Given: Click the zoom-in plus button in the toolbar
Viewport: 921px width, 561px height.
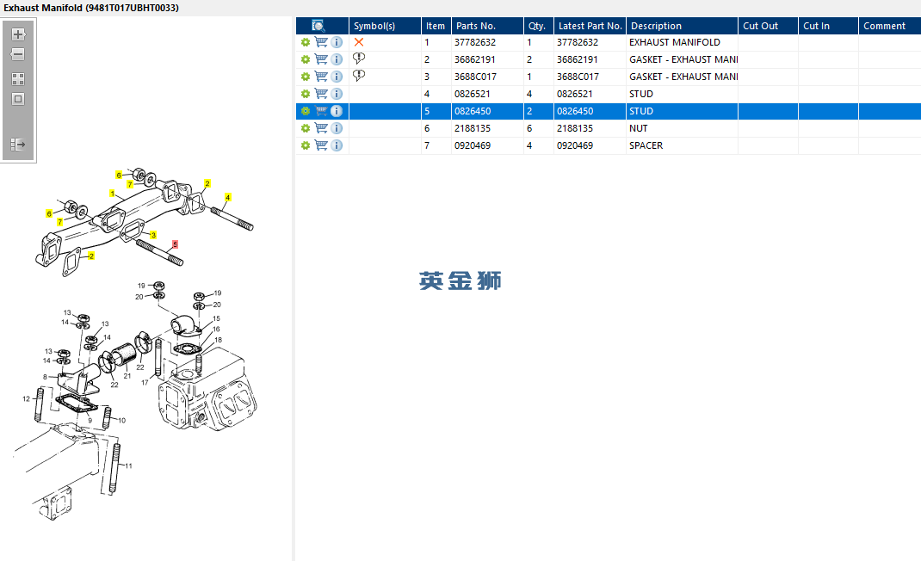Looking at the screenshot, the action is pos(18,34).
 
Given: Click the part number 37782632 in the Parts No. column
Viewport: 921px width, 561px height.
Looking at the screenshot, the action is pos(474,42).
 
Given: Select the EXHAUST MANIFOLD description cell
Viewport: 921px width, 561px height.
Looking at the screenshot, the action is pos(674,42).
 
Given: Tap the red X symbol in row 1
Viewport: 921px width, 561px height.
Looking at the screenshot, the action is pos(359,42).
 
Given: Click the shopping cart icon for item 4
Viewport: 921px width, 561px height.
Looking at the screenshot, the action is pos(321,94).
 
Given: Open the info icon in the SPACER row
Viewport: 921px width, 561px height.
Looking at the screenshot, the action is pos(337,145).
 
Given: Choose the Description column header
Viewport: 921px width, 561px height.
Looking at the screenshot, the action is pos(656,26).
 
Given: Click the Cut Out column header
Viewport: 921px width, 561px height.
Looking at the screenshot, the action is pos(760,26).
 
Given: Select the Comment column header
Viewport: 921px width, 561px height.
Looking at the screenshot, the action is pos(884,26).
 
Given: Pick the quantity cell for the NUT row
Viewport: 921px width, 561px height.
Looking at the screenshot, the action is pos(529,128).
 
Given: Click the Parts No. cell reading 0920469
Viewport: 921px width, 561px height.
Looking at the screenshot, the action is pos(473,145).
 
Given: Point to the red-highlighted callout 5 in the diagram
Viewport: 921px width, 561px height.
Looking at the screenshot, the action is pos(175,244).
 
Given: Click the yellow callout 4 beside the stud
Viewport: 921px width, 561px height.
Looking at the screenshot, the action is pos(227,197).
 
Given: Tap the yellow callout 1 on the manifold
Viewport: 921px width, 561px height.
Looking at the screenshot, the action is pos(112,194).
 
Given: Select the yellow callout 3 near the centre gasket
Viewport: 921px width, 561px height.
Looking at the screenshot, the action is pos(153,235).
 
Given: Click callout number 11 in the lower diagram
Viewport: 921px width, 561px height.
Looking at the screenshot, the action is pos(128,465).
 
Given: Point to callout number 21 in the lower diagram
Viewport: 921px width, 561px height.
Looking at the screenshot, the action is pos(127,376).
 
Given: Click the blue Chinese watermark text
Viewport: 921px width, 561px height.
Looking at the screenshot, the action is pos(460,280).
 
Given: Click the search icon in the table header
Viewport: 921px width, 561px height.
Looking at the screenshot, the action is pos(318,26).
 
